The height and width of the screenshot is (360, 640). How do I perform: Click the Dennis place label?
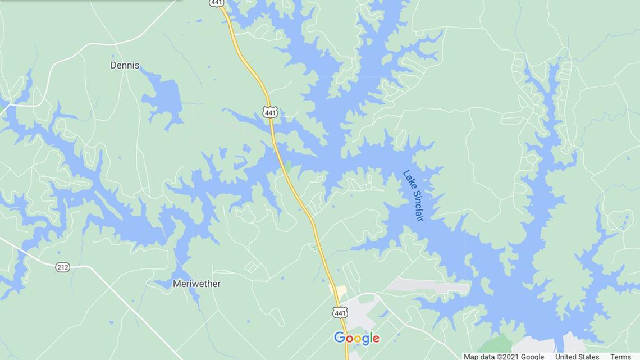[x=125, y=65]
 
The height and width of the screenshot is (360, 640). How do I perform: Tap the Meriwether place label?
[x=196, y=284]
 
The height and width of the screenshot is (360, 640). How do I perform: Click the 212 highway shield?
[x=62, y=267]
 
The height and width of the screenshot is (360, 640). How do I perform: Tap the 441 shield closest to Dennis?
[x=270, y=112]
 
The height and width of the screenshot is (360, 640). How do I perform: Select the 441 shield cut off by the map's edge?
[x=217, y=3]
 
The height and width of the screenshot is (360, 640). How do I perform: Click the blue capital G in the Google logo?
[x=339, y=338]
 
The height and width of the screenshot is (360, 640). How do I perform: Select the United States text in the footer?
[x=577, y=356]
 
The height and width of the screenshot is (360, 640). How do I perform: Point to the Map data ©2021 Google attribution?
[x=504, y=356]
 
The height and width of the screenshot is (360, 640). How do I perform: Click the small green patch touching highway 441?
[x=287, y=166]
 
